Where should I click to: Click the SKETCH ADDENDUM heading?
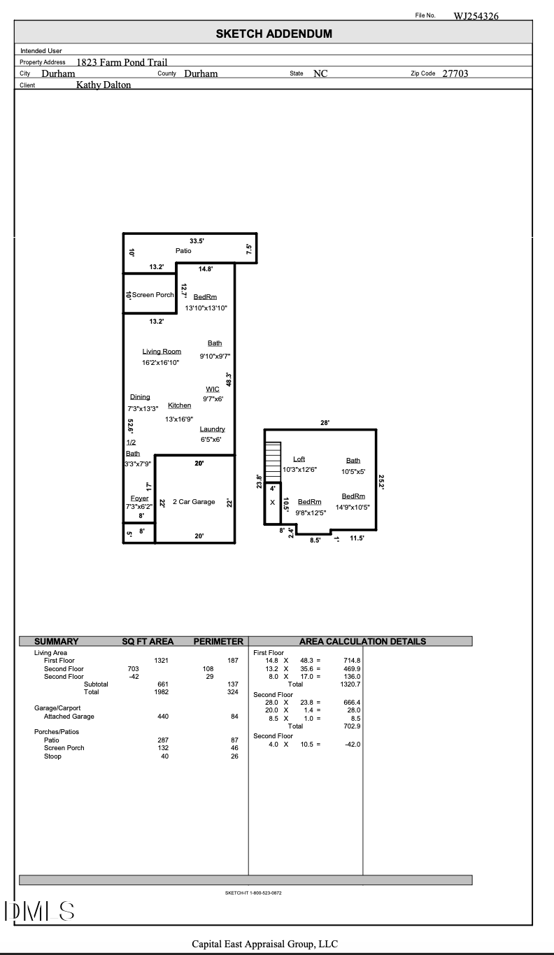click(x=274, y=34)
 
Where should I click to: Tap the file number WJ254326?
click(x=476, y=16)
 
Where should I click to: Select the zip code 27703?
click(x=455, y=73)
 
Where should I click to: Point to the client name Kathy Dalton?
click(x=104, y=85)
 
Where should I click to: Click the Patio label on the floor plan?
click(x=183, y=250)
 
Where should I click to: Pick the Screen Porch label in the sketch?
click(x=152, y=295)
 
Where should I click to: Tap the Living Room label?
click(x=162, y=352)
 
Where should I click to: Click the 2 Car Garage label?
click(x=194, y=502)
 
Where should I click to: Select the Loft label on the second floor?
click(x=299, y=459)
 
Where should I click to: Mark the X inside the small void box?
click(x=272, y=503)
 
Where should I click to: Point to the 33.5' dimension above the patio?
click(x=197, y=240)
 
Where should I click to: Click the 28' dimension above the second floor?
click(x=325, y=423)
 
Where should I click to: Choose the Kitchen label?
click(x=179, y=405)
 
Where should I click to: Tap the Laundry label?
click(x=212, y=429)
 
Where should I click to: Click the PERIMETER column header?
click(x=218, y=641)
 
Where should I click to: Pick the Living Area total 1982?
click(x=161, y=692)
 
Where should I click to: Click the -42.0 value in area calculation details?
click(x=353, y=745)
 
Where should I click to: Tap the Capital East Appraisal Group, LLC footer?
click(x=264, y=944)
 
